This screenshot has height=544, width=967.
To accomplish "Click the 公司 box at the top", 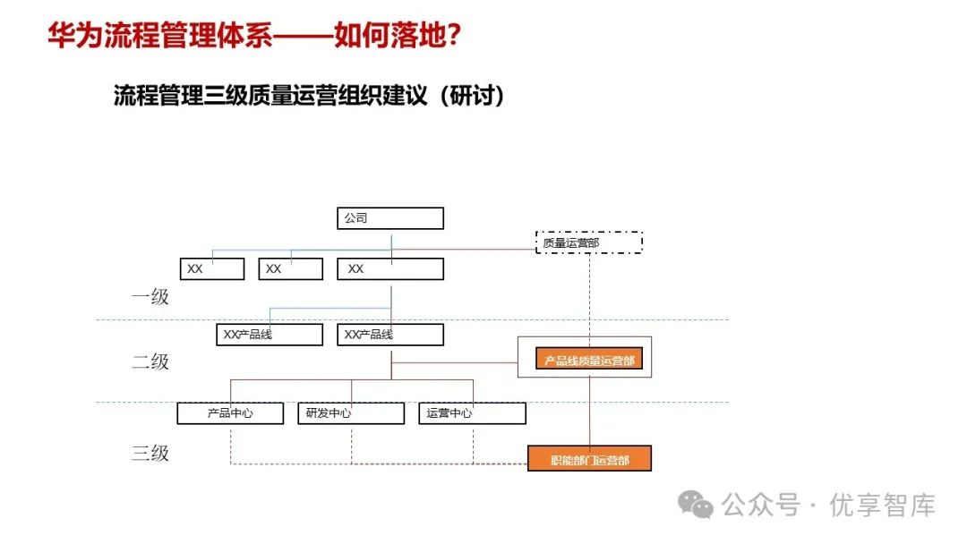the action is point(390,218).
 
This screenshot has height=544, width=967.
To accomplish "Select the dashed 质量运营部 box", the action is point(588,242).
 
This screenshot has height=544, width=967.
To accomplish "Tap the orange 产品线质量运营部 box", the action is point(588,361).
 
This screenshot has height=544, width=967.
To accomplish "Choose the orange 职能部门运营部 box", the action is point(588,459).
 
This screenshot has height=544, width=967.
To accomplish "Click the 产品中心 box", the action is point(230,413).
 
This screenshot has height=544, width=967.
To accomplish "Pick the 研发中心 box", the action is point(350,413).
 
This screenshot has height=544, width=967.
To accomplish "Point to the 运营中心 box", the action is point(472,413).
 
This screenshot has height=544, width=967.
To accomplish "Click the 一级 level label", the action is point(150,297).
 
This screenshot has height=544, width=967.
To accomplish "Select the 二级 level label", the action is point(150,362).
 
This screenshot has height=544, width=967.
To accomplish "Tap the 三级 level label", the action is point(150,454).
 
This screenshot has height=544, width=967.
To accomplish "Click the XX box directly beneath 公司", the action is point(390,268).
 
